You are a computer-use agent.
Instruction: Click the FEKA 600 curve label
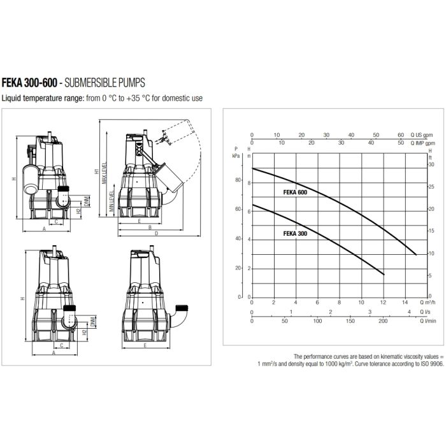[x=295, y=192]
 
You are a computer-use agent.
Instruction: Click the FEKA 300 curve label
[x=295, y=234]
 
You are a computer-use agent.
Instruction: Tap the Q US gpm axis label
[x=422, y=135]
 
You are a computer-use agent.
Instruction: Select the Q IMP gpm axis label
[x=422, y=143]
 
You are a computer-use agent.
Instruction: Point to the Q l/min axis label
[x=428, y=321]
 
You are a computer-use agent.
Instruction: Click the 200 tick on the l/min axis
[x=383, y=321]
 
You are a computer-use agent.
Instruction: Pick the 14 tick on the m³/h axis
[x=405, y=302]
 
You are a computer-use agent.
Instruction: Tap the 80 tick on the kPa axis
[x=238, y=180]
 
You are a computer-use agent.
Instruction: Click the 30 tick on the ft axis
[x=431, y=164]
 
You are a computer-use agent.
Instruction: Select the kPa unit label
[x=236, y=156]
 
